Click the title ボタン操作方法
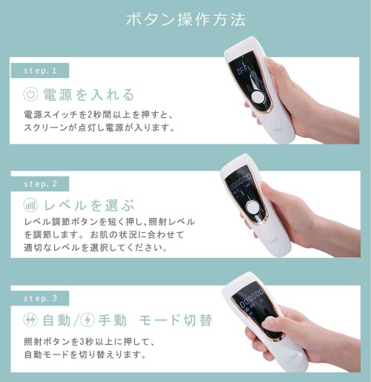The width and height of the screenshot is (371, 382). [186, 19]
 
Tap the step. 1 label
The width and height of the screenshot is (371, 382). [40, 70]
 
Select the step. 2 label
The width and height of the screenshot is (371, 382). [40, 184]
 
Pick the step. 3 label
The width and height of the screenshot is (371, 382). [40, 298]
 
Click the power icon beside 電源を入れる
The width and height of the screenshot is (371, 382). [30, 94]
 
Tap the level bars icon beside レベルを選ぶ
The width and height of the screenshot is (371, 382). [30, 205]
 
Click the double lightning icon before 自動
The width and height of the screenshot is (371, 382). [30, 320]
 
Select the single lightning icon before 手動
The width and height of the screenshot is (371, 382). [88, 320]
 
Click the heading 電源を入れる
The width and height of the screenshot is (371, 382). [89, 95]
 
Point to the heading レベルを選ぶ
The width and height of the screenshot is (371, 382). [89, 205]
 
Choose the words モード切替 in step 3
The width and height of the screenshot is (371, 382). [176, 320]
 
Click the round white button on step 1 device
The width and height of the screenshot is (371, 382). [257, 97]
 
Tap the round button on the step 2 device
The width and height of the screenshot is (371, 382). [252, 206]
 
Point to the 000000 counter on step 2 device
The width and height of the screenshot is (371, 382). [240, 182]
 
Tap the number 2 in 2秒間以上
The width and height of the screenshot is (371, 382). [90, 115]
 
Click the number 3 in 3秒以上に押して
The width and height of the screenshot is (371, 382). [83, 342]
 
